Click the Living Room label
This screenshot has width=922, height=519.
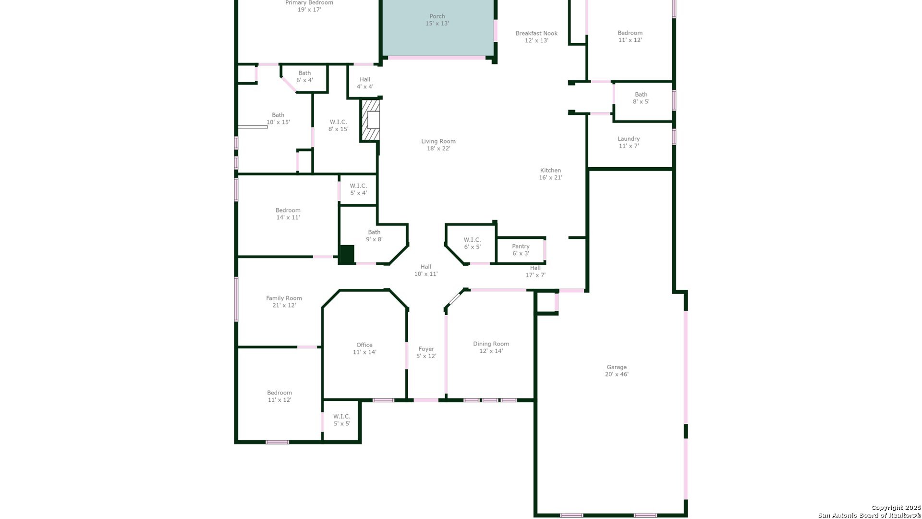pos(438,145)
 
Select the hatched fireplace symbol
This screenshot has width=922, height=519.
pos(370,120)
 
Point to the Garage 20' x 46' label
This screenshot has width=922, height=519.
pos(617,371)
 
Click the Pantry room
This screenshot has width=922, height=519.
pos(521,250)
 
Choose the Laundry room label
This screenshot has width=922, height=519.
pos(629,142)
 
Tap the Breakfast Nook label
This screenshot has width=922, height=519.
pos(536,37)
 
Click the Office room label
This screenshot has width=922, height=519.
pos(364,348)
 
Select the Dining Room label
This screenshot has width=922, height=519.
pos(491,347)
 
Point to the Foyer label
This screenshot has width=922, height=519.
pos(426,353)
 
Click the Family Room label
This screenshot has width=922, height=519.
pos(284,302)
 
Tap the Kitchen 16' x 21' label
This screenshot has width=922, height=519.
pos(550,174)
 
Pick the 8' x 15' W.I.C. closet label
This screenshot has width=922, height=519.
pos(338,125)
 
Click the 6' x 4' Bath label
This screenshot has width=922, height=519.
pos(304,76)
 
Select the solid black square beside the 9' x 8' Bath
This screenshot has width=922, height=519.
pos(346,255)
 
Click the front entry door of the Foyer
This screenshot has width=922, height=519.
pos(426,400)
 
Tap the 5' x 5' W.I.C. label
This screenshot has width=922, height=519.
pos(342,420)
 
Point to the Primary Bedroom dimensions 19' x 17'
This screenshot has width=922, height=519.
pos(309,10)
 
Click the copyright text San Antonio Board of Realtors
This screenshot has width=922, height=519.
pos(870,515)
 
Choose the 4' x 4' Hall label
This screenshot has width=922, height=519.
pos(365,83)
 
